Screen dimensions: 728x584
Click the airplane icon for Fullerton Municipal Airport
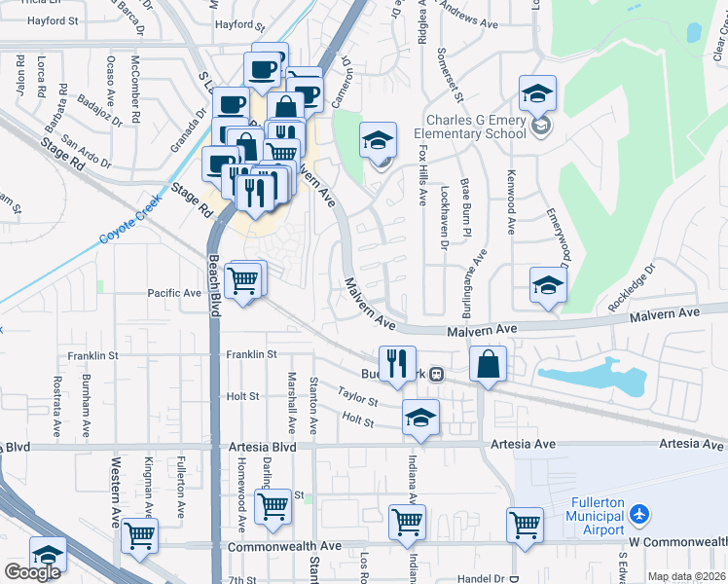click(x=639, y=513)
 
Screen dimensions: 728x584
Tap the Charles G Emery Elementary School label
click(x=470, y=128)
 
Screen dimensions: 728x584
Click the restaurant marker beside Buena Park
click(x=397, y=364)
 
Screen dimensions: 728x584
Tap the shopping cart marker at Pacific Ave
click(x=243, y=281)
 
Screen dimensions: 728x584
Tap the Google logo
click(x=32, y=572)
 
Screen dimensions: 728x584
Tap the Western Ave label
click(x=116, y=499)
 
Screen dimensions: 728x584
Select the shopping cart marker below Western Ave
click(x=140, y=534)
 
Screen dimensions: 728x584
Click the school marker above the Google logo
click(x=48, y=554)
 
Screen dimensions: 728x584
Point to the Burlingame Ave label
click(x=476, y=282)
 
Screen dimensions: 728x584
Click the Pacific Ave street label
click(x=174, y=293)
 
